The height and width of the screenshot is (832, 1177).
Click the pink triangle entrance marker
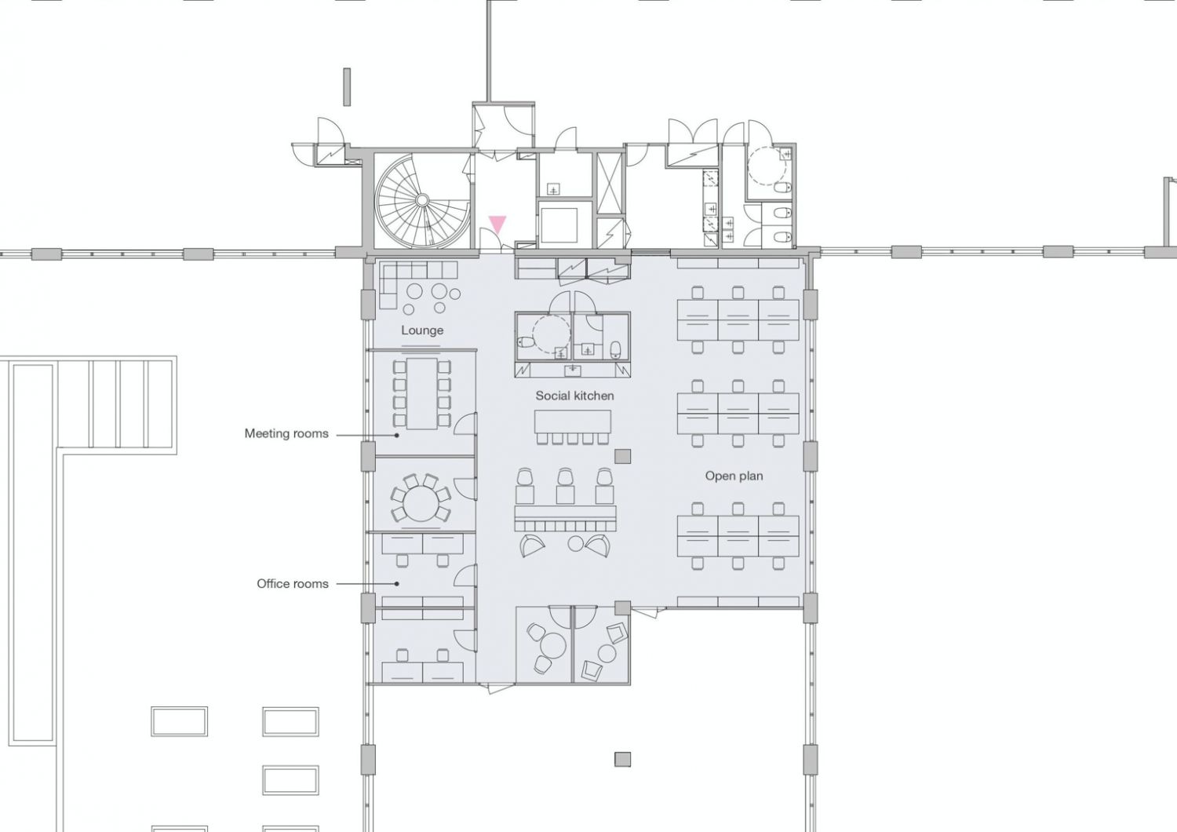pyautogui.click(x=497, y=224)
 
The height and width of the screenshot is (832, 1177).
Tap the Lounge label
pyautogui.click(x=422, y=330)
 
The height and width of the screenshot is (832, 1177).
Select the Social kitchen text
pyautogui.click(x=574, y=396)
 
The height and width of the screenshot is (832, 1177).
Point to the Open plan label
pyautogui.click(x=734, y=476)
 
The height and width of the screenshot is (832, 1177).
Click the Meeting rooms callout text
pyautogui.click(x=286, y=433)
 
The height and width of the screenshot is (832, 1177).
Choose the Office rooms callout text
pyautogui.click(x=292, y=583)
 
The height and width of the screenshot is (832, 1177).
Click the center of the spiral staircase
pyautogui.click(x=422, y=199)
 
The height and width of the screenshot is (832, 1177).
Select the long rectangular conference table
pyautogui.click(x=421, y=394)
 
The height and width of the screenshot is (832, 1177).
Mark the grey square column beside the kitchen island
pyautogui.click(x=622, y=456)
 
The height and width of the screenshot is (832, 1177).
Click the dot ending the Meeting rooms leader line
pyautogui.click(x=397, y=435)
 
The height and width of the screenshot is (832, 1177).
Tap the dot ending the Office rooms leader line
pyautogui.click(x=397, y=583)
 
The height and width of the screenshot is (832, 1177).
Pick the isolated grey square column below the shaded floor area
pyautogui.click(x=623, y=760)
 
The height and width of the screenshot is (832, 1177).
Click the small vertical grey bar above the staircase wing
pyautogui.click(x=347, y=86)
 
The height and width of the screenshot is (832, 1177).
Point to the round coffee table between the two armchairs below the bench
pyautogui.click(x=576, y=543)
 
